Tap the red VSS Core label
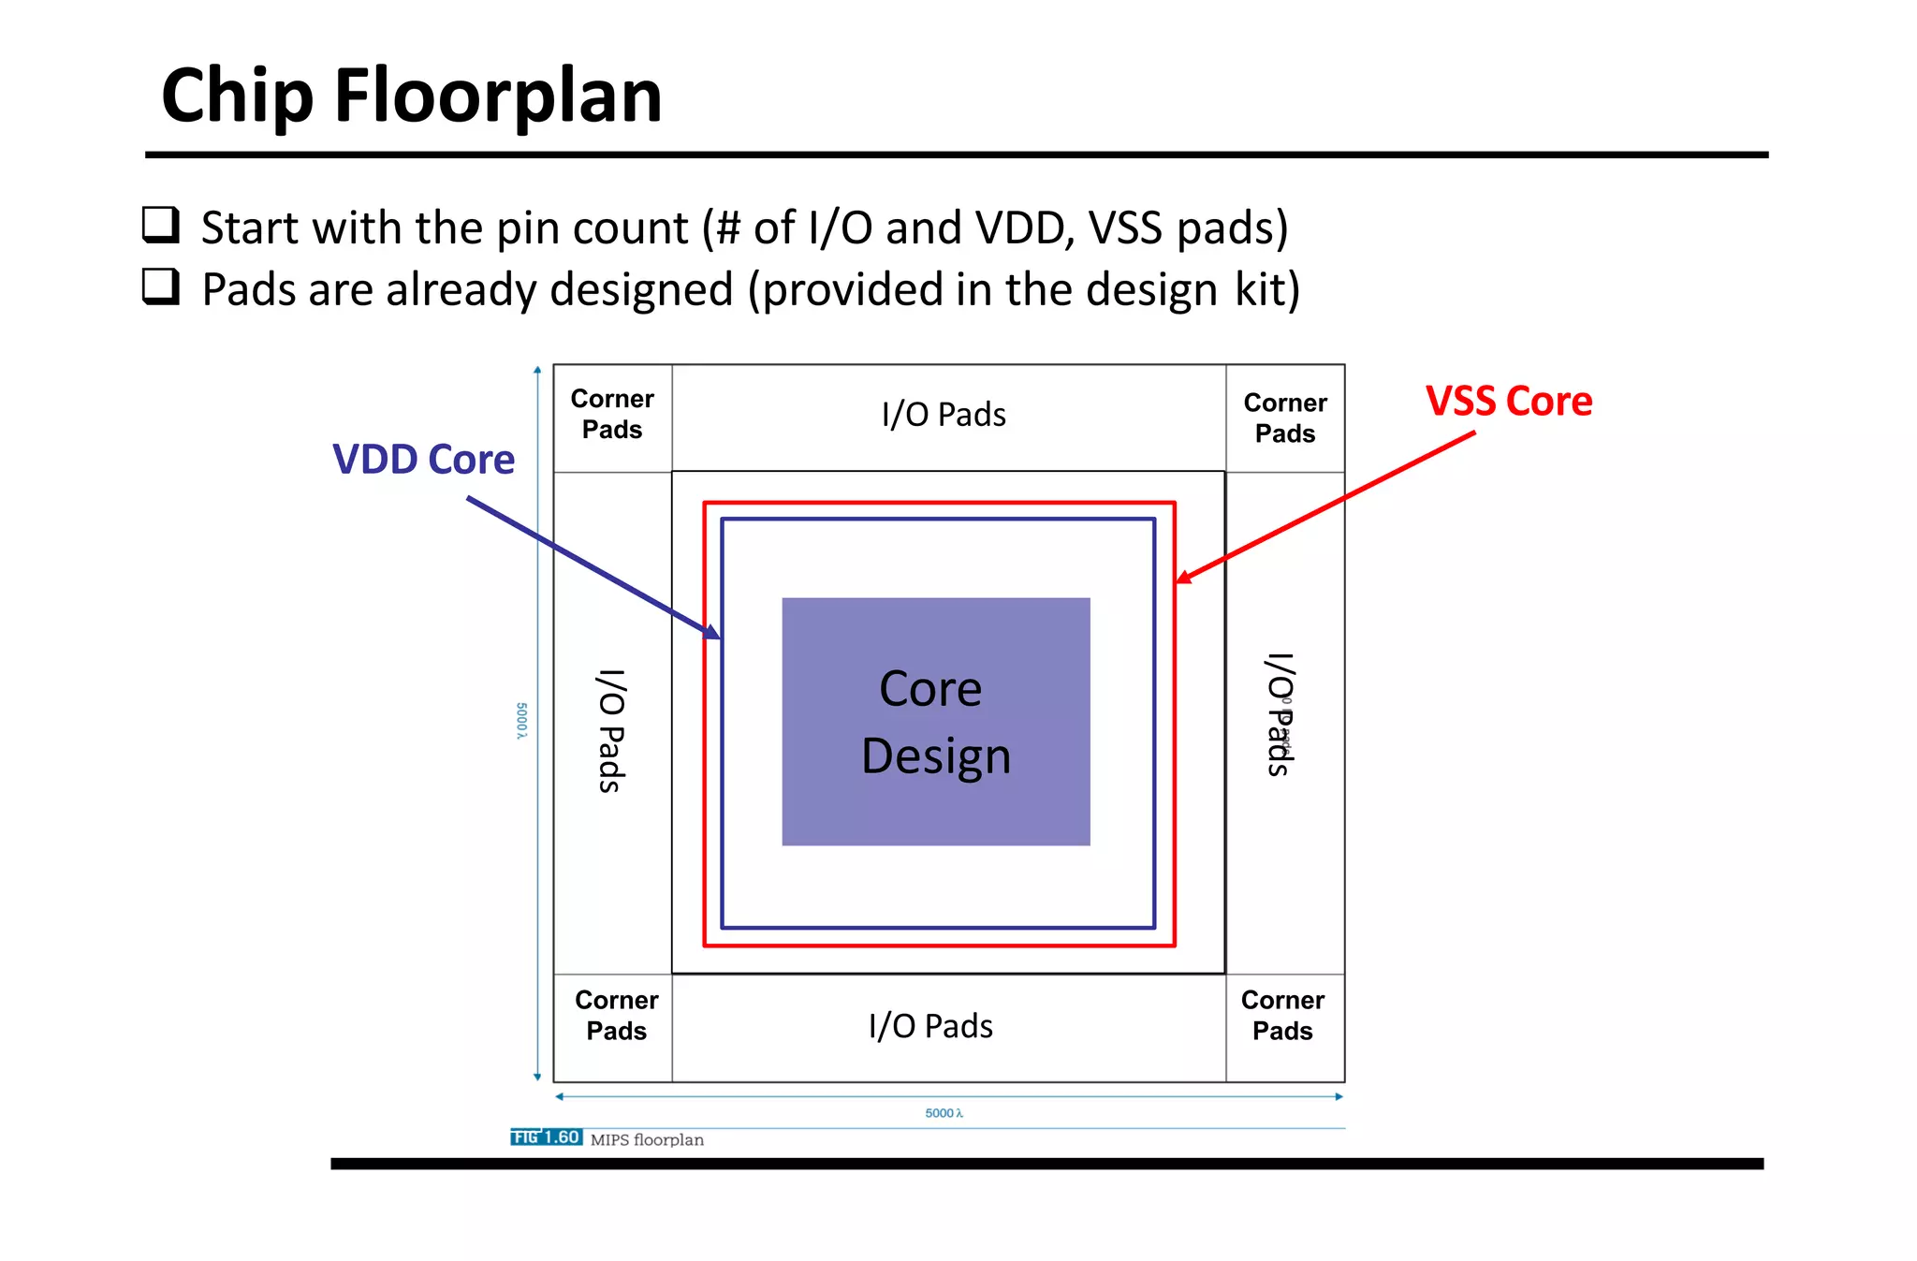click(x=1508, y=401)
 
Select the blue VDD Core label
click(x=423, y=460)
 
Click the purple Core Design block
click(x=935, y=721)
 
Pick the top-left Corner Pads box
click(x=612, y=416)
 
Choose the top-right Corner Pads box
click(x=1285, y=418)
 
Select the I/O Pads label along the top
click(x=944, y=415)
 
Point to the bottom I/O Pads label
click(x=930, y=1026)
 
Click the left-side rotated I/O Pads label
click(x=611, y=730)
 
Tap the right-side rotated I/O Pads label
click(x=1280, y=714)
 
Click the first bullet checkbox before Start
click(x=161, y=226)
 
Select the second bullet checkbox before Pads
click(x=161, y=286)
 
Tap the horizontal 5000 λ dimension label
click(x=944, y=1113)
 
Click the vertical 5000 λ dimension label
click(x=522, y=720)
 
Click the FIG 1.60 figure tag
click(x=547, y=1137)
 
